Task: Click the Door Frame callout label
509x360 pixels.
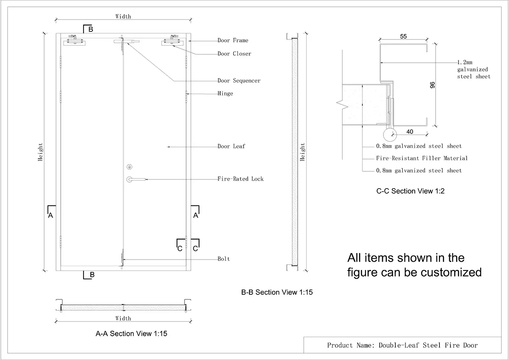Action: click(x=233, y=40)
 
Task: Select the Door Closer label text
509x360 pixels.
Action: click(x=234, y=54)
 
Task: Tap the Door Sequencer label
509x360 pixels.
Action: click(x=239, y=81)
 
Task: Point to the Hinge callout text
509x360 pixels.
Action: click(x=225, y=93)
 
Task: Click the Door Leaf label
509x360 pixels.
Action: click(x=231, y=146)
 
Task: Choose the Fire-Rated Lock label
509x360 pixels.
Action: click(x=241, y=179)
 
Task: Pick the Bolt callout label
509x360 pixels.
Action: click(x=224, y=259)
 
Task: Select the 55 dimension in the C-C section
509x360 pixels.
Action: click(x=403, y=37)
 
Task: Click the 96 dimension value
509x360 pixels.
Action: click(x=432, y=84)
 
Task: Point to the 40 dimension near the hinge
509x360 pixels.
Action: click(x=410, y=132)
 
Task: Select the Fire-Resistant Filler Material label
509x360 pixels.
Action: click(x=422, y=158)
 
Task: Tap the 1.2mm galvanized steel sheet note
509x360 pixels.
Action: click(x=473, y=69)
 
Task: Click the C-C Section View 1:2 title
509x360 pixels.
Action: click(x=410, y=191)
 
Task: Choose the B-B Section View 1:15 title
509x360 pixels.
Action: click(x=277, y=292)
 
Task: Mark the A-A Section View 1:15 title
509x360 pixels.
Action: click(x=131, y=334)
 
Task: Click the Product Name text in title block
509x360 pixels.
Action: click(x=402, y=345)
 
